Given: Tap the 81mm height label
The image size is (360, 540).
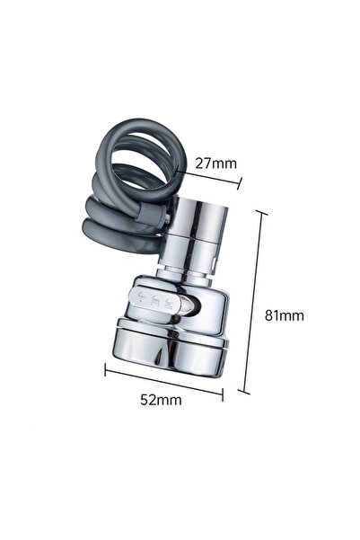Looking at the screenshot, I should [286, 315].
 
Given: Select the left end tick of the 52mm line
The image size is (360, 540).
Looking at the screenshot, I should [106, 367].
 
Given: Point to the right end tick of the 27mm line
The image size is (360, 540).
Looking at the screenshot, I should [240, 186].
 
